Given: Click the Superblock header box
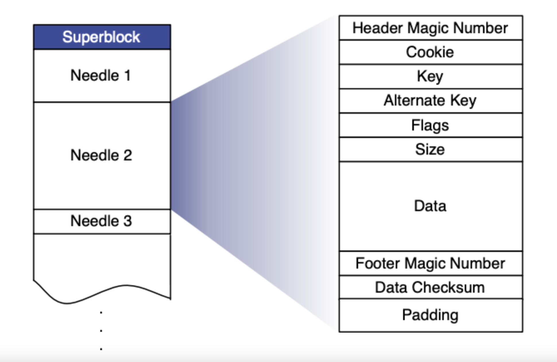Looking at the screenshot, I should click(102, 37).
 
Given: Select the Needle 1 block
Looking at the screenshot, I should click(102, 76).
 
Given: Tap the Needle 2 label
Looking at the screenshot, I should click(101, 155).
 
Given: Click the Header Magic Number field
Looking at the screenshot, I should click(430, 28).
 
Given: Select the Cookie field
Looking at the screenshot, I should click(430, 52).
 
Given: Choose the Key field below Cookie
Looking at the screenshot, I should click(430, 77).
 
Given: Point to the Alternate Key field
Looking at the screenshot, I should click(430, 101).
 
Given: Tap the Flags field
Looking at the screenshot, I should click(430, 125).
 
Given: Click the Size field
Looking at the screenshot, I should click(430, 149).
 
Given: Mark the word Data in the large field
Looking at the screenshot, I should click(430, 206).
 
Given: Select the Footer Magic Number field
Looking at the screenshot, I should click(430, 263).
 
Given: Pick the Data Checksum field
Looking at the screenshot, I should click(430, 287).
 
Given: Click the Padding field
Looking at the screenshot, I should click(430, 315).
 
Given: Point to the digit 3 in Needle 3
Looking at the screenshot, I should click(127, 221).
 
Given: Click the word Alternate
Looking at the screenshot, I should click(414, 101).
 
